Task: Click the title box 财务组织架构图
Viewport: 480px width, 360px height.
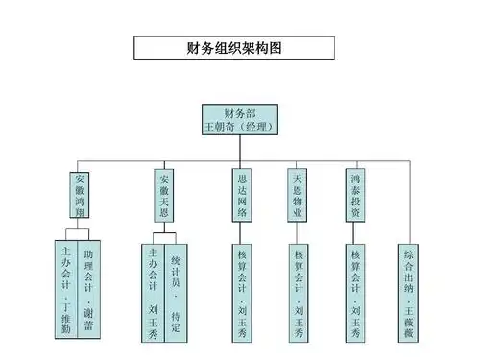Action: [x=234, y=47]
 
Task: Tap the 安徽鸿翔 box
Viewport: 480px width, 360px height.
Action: [x=80, y=197]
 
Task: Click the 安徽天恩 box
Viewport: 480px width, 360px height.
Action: [x=164, y=197]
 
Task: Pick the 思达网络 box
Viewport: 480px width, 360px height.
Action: [x=242, y=197]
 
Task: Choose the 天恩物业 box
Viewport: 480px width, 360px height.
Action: [x=299, y=197]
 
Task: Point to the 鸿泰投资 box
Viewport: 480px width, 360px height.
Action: [x=355, y=197]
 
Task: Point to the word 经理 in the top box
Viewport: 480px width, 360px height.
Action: [x=256, y=126]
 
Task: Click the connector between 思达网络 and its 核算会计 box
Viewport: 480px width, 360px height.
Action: [x=242, y=234]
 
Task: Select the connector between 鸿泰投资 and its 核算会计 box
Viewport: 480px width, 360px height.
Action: [x=355, y=234]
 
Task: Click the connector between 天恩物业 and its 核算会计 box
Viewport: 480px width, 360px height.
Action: [x=299, y=234]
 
